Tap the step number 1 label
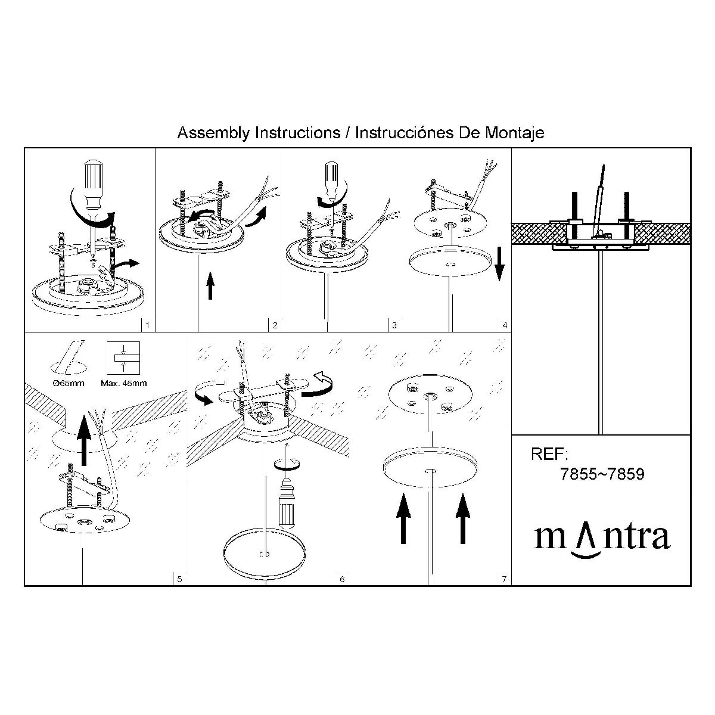coord(147,325)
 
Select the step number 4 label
coord(505,325)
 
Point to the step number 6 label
coord(342,579)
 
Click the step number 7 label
coord(504,579)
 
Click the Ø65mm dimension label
coord(69,383)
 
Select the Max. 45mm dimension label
coord(123,383)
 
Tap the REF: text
coord(549,454)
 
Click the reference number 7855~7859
coord(602,474)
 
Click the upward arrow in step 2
coord(210,285)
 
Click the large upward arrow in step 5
coord(84,440)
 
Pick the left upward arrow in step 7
coord(403,519)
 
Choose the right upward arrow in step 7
coord(463,519)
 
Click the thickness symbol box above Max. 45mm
coord(123,357)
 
